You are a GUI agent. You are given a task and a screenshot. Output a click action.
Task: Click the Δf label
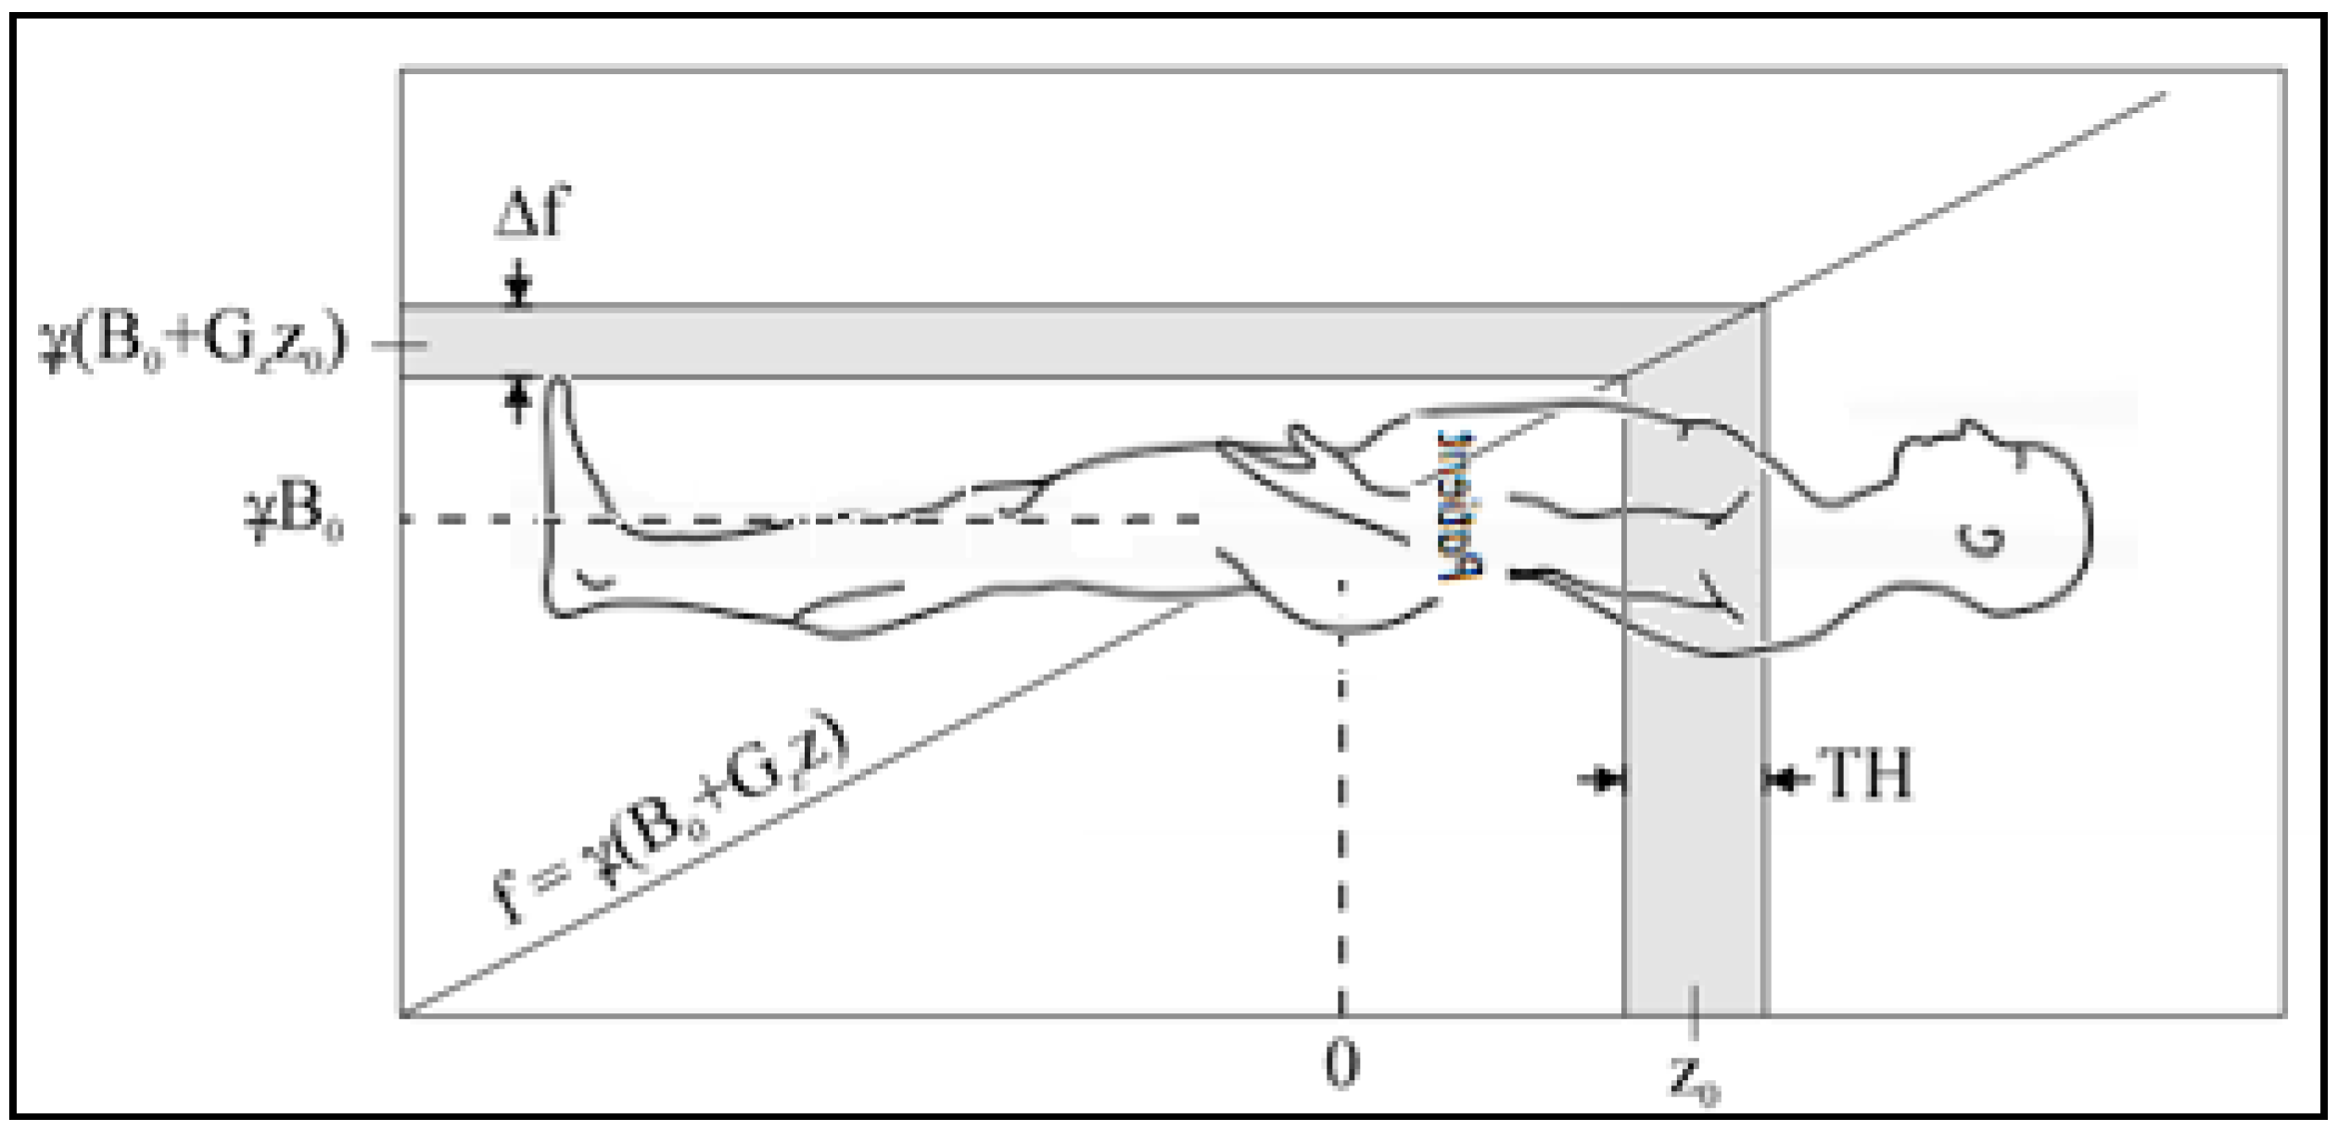pos(529,211)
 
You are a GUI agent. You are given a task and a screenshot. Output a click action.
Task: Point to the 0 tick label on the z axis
pos(1341,1064)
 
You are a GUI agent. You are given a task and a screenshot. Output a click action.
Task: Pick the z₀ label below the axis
pos(1695,1079)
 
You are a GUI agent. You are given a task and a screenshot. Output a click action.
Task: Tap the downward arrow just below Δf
pos(519,286)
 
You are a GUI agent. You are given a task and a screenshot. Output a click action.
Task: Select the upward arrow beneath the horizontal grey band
pos(519,399)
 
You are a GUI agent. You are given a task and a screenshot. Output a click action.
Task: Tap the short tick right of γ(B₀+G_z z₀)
pos(399,345)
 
